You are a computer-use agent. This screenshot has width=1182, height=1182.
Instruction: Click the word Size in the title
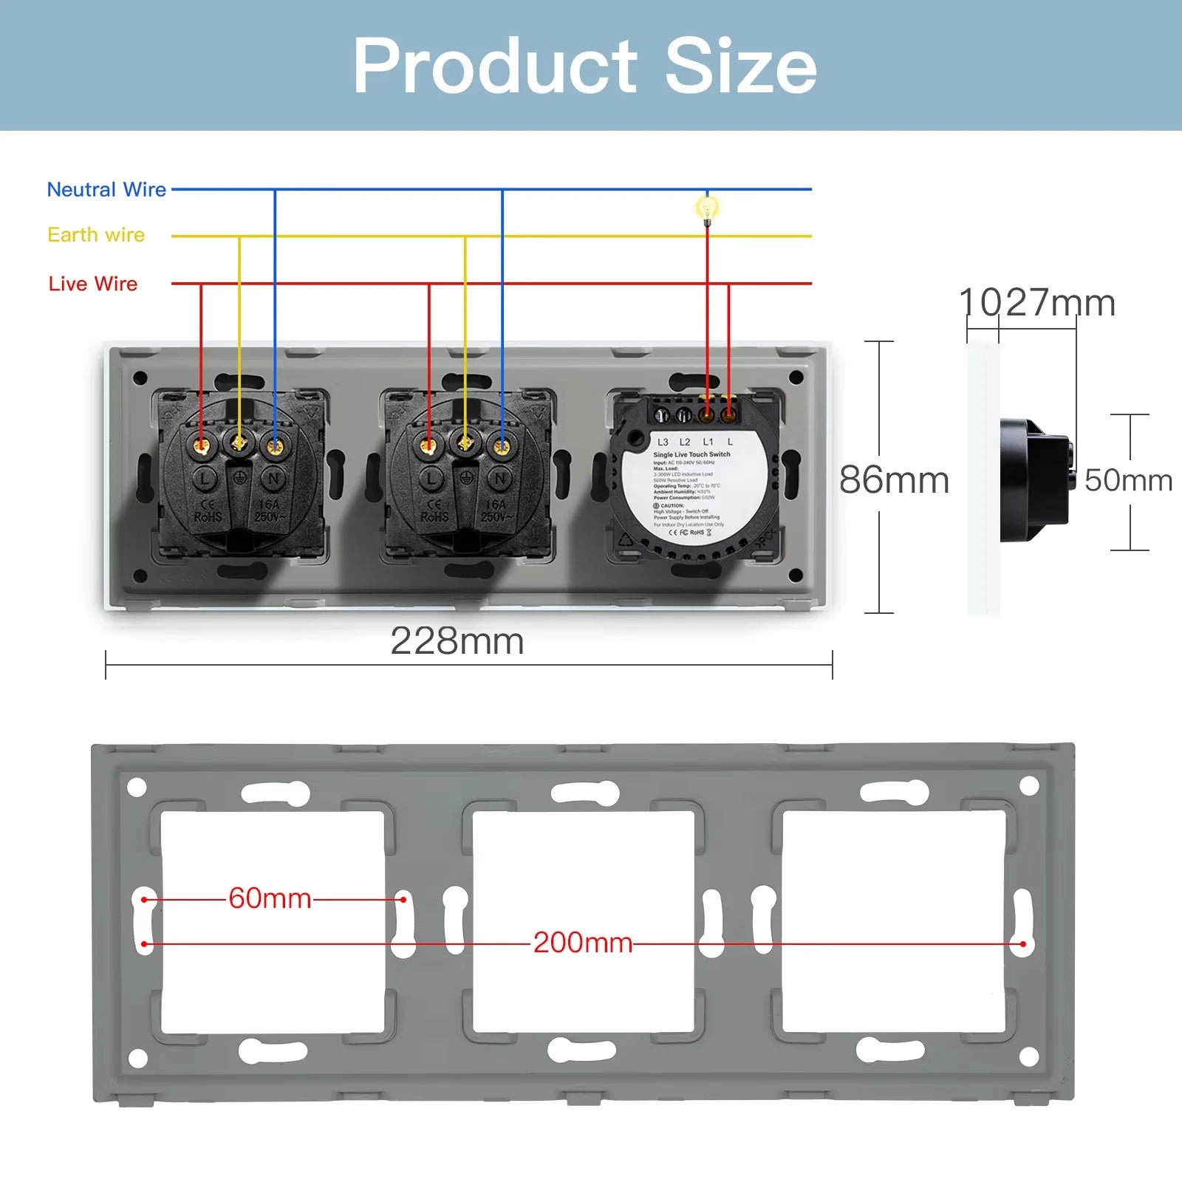coord(740,66)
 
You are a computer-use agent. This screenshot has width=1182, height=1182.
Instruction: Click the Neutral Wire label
coord(106,190)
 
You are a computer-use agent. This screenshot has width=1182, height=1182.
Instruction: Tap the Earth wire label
coord(96,235)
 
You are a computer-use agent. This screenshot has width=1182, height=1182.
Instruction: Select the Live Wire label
coord(93,284)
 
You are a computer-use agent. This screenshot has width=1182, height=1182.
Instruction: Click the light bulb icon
coord(707,209)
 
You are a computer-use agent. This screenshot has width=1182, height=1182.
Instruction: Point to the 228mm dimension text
coord(457,640)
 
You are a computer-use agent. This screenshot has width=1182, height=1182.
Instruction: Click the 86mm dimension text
coord(894,480)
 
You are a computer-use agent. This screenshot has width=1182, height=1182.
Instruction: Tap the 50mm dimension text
coord(1128,480)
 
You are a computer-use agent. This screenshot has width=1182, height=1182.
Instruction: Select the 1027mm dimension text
coord(1036,303)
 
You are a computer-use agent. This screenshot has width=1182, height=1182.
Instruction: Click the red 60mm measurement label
coord(270,898)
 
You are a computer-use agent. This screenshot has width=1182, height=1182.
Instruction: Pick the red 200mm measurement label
coord(583,943)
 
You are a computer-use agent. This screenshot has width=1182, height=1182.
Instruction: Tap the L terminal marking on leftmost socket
coord(204,479)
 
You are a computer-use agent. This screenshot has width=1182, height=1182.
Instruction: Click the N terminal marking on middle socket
coord(500,479)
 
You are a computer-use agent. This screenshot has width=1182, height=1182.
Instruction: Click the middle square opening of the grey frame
coord(583,921)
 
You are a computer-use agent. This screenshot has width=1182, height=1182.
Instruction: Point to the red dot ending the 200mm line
coord(1023,944)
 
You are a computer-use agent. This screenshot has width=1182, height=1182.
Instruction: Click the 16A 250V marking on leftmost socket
coord(268,510)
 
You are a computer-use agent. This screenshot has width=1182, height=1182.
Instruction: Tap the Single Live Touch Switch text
coord(691,454)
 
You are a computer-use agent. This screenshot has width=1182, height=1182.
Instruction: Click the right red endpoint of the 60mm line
coord(403,900)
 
